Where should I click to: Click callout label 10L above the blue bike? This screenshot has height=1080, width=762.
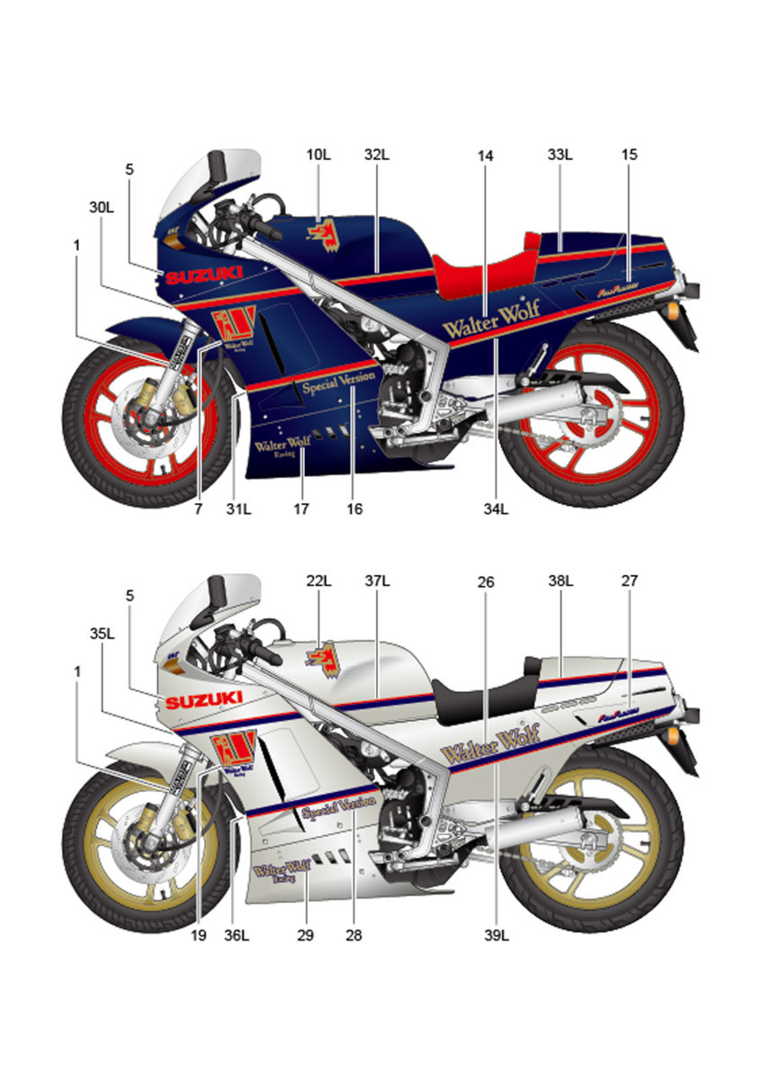pyautogui.click(x=318, y=155)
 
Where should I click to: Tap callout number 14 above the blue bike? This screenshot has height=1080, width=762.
pyautogui.click(x=486, y=156)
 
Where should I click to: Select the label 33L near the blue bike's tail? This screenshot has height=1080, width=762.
pyautogui.click(x=560, y=155)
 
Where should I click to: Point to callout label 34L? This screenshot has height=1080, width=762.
pyautogui.click(x=497, y=509)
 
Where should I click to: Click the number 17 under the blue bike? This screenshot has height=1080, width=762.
pyautogui.click(x=300, y=509)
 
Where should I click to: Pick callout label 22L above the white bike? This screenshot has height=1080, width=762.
pyautogui.click(x=318, y=581)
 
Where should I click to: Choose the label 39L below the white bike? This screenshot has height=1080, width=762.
pyautogui.click(x=497, y=936)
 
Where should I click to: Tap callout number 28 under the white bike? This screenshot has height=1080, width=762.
pyautogui.click(x=354, y=936)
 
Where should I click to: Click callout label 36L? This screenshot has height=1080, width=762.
pyautogui.click(x=238, y=936)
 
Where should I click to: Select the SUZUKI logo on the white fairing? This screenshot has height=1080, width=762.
pyautogui.click(x=203, y=700)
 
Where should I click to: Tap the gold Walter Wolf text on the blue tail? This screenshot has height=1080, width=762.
pyautogui.click(x=491, y=311)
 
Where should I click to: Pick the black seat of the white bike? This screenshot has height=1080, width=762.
pyautogui.click(x=480, y=692)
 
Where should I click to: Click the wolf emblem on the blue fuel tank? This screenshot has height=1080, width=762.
pyautogui.click(x=321, y=232)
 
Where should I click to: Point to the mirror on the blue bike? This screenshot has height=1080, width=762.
pyautogui.click(x=217, y=166)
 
